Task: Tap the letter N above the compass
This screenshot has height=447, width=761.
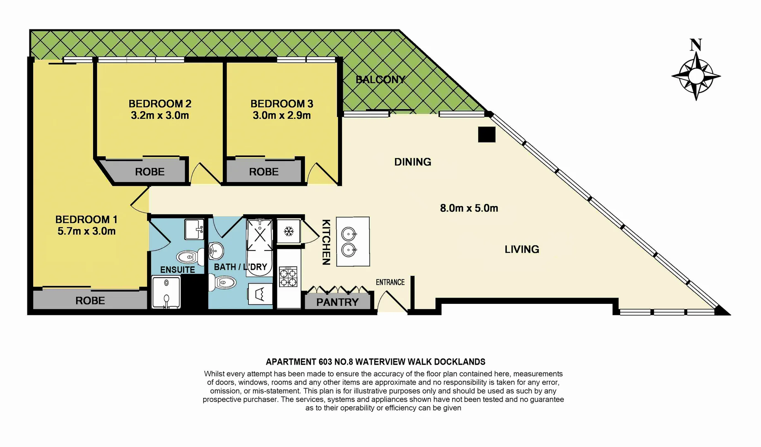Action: tap(696, 45)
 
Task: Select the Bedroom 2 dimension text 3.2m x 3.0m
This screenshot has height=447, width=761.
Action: tap(160, 115)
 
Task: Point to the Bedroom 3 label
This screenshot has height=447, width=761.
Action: tap(282, 103)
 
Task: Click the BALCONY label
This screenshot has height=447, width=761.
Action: tap(380, 79)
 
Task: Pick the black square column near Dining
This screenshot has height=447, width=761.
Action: tap(486, 135)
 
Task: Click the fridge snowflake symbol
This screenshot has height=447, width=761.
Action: tap(288, 231)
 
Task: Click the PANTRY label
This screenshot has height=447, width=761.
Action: tap(337, 302)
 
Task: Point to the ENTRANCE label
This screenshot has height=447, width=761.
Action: tap(390, 282)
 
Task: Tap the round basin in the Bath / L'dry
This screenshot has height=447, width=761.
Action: tap(216, 251)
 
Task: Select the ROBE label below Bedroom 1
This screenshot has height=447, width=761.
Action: tap(90, 300)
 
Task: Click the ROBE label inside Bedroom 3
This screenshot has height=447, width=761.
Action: tap(264, 172)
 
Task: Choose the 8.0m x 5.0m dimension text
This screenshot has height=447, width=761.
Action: tap(469, 208)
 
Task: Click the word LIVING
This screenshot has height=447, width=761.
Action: tap(522, 249)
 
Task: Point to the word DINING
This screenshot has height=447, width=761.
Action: tap(412, 162)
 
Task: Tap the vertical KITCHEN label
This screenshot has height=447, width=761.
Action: tap(326, 242)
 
